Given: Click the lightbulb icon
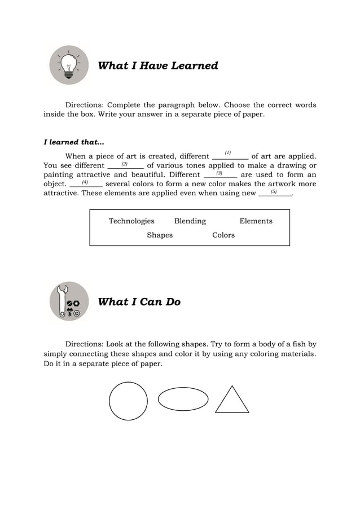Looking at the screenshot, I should tap(69, 65).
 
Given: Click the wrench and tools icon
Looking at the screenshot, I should tap(69, 301).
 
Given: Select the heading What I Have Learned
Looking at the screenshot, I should tap(158, 66).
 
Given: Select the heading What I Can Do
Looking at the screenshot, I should tap(139, 302).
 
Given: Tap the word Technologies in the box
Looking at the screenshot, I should tap(131, 221).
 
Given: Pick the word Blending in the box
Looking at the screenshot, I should tap(190, 221).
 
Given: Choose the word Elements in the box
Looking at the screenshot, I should tap(256, 221).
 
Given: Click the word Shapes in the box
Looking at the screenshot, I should tap(160, 235).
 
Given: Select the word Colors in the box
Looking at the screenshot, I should tap(223, 235).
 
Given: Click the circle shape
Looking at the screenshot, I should tap(128, 401).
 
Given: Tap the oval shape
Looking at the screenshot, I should tap(183, 400).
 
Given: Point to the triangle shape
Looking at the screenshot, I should tap(232, 401).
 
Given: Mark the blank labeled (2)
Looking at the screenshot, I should tap(125, 165).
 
